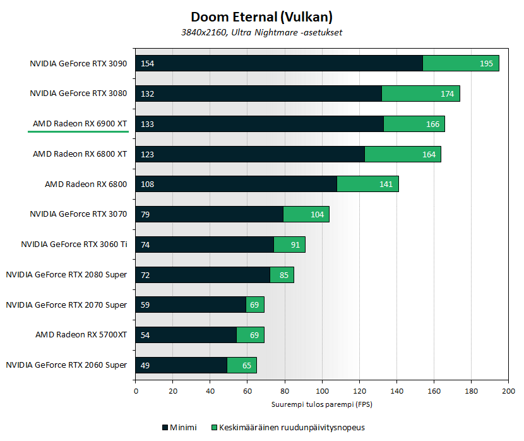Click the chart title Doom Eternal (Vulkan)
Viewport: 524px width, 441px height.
pos(261,17)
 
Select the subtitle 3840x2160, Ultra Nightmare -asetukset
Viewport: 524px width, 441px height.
pos(261,33)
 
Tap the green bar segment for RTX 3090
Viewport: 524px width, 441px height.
pos(460,63)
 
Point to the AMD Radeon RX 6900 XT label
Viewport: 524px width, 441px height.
pos(80,124)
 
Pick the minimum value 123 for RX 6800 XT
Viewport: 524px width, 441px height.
pos(147,154)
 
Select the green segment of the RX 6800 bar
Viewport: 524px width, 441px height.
pos(367,184)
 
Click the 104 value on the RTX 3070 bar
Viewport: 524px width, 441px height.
pos(317,215)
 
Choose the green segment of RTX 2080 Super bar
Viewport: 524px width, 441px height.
pos(282,275)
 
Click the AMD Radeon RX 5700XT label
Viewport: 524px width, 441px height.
pos(81,335)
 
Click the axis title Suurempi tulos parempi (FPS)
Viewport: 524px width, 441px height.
pos(322,404)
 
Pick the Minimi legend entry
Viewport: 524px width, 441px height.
pos(179,428)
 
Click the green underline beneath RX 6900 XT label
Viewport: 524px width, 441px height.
pos(78,132)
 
